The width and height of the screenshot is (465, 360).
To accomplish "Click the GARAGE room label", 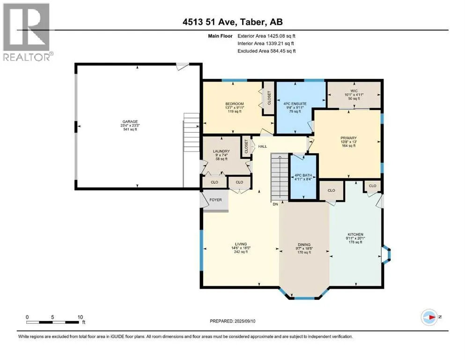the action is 130,121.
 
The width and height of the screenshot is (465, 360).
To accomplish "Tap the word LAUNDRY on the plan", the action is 221,151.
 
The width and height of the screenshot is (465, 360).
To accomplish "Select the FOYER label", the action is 215,200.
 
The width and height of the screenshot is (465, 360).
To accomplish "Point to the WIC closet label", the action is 354,91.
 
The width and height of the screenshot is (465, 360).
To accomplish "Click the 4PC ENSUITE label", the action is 295,104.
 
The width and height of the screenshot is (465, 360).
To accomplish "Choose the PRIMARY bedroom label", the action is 348,138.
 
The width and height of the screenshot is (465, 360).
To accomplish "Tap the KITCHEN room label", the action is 355,234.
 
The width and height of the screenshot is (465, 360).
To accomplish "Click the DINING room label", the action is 304,245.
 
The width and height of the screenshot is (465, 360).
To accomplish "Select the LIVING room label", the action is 241,244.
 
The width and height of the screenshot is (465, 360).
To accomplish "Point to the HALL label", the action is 262,146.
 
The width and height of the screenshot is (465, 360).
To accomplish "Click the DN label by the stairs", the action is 275,204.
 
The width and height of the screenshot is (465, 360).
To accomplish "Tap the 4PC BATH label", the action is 303,175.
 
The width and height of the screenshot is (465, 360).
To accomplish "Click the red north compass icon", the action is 429,317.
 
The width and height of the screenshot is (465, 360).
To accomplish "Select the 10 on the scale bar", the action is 80,317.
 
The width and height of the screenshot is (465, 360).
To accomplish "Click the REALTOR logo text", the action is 27,57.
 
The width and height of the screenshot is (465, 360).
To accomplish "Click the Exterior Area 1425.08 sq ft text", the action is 266,36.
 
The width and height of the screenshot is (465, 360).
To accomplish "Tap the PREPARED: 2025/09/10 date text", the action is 232,321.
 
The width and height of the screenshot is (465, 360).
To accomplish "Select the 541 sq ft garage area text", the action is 130,129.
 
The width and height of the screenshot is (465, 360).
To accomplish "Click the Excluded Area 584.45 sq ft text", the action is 266,51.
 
